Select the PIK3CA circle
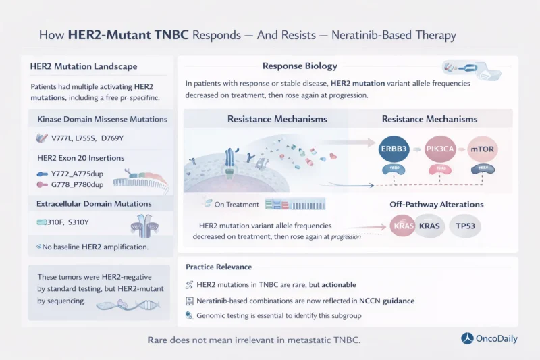(442, 147)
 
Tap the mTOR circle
(485, 147)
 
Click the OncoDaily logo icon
(467, 338)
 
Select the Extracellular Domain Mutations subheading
(94, 203)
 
